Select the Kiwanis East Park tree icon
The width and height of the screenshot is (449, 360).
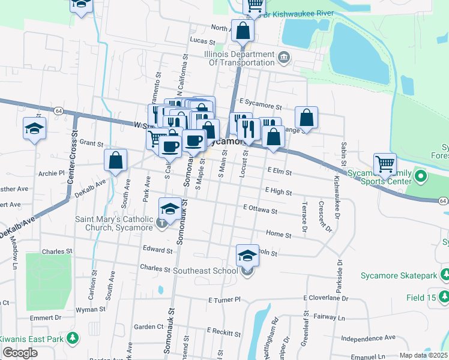tap(73, 339)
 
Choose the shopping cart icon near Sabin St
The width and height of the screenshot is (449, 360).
tap(385, 163)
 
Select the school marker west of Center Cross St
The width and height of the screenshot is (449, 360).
tap(34, 128)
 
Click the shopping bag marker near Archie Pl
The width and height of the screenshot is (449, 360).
tap(115, 160)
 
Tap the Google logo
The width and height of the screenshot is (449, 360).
tap(19, 353)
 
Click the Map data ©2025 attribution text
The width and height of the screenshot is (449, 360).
tap(423, 355)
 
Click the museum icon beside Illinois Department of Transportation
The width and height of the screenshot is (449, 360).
tap(284, 58)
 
